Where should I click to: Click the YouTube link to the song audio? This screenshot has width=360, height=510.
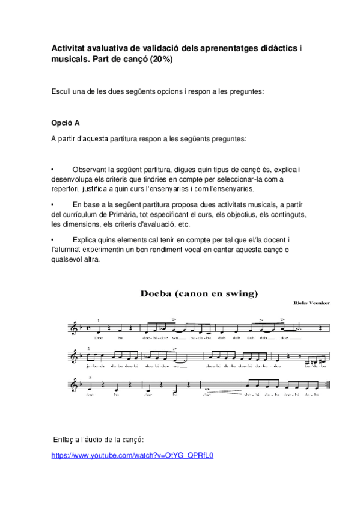[133, 455]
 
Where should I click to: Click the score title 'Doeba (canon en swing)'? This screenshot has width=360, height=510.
[199, 294]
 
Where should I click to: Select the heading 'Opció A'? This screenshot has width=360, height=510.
[66, 123]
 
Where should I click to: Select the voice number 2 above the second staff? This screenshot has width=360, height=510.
[88, 348]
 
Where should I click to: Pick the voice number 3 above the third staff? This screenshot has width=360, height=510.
[90, 377]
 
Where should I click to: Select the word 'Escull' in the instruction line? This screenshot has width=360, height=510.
[62, 92]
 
